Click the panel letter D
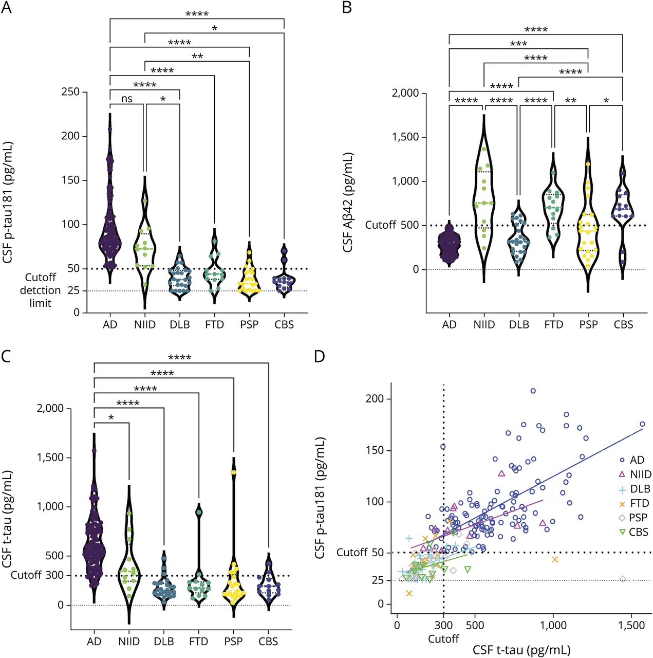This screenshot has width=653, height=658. click(x=320, y=356)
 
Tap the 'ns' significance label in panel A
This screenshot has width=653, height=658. click(x=127, y=99)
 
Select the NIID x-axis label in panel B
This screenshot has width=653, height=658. click(x=484, y=325)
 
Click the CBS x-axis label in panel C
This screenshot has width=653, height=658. click(x=268, y=642)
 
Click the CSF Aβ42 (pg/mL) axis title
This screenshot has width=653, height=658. click(x=348, y=202)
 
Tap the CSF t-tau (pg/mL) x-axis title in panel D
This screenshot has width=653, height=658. click(x=521, y=650)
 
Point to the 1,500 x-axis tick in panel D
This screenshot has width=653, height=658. click(x=631, y=625)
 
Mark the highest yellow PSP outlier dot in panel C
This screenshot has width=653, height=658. click(x=234, y=472)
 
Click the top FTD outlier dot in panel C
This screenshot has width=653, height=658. click(x=199, y=511)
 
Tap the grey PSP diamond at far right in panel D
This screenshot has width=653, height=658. click(x=623, y=579)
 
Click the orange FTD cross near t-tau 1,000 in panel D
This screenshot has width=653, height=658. click(x=555, y=559)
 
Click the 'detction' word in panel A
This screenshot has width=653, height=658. click(x=40, y=290)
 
